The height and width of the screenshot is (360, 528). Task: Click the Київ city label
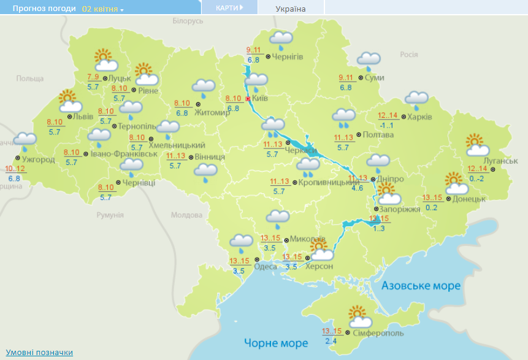tap(261, 98)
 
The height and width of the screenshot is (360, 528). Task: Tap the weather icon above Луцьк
tap(106, 61)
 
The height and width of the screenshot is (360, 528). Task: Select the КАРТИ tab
tap(229, 7)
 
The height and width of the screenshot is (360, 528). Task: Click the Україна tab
tap(291, 9)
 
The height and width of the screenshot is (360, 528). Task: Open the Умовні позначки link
tap(39, 352)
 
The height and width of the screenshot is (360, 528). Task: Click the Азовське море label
tap(420, 286)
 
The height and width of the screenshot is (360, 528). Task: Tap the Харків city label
tap(421, 117)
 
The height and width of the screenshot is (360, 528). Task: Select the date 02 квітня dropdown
tap(102, 9)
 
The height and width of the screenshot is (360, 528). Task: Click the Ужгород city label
tap(38, 160)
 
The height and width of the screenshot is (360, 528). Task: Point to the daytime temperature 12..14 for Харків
tap(388, 116)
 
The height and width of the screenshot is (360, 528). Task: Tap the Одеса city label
tap(265, 266)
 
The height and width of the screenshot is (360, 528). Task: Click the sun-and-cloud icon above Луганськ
tap(477, 146)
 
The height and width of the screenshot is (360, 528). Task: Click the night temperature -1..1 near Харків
tap(386, 126)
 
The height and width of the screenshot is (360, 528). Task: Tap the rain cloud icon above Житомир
tap(204, 86)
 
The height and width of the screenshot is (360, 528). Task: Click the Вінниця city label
tap(210, 157)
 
